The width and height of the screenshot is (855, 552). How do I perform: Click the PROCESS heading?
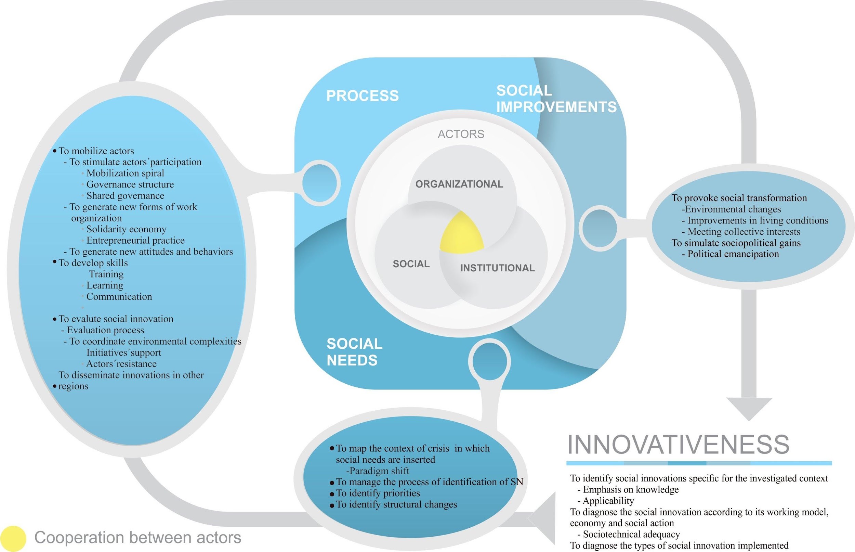362,96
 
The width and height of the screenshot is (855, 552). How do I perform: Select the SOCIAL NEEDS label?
354,352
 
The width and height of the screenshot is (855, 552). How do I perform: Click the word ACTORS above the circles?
461,134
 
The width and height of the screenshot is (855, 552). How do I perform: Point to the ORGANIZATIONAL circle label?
459,184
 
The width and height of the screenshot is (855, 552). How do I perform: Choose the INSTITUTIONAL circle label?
497,268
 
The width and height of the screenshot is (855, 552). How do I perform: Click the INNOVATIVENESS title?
679,445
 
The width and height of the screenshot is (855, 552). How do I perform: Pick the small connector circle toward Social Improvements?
599,228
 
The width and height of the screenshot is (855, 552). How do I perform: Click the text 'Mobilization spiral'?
125,173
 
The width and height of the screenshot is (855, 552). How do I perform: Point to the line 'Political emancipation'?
733,254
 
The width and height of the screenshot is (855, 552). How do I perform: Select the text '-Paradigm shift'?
377,471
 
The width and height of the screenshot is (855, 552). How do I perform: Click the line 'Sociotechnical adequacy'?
631,534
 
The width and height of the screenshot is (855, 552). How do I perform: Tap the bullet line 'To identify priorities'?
378,493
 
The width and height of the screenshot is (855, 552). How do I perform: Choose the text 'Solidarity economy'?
126,229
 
